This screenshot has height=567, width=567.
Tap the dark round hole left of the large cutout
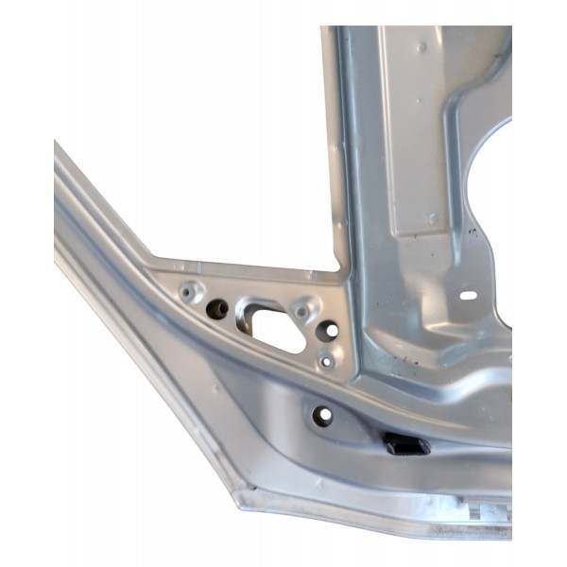pyautogui.click(x=216, y=309)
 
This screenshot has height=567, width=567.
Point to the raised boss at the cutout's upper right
pyautogui.click(x=302, y=308)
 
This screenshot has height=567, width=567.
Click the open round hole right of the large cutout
pyautogui.click(x=328, y=330)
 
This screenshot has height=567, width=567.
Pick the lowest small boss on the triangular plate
pyautogui.click(x=325, y=359)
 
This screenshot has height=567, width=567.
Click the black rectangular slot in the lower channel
pyautogui.click(x=404, y=443)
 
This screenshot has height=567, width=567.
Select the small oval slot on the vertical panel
pyautogui.click(x=469, y=296)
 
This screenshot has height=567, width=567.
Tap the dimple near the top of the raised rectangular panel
pyautogui.click(x=421, y=45)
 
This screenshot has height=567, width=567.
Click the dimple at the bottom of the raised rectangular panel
pyautogui.click(x=431, y=218)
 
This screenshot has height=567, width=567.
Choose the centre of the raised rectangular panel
pyautogui.click(x=416, y=132)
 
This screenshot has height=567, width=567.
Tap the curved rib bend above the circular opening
pyautogui.click(x=463, y=104)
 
